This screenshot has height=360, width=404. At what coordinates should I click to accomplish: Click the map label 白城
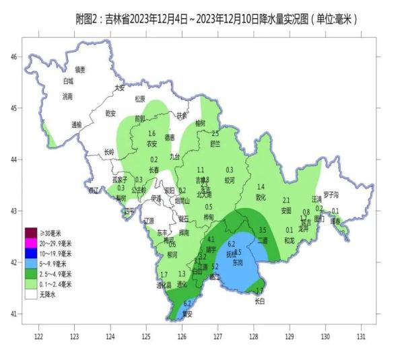67,81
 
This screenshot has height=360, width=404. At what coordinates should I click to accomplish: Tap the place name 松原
139,99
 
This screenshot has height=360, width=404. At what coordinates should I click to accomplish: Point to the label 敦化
261,197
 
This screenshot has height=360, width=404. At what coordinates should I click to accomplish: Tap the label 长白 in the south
260,301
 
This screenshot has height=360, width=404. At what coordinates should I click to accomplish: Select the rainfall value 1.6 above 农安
151,133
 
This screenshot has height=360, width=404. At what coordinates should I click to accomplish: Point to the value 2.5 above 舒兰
215,133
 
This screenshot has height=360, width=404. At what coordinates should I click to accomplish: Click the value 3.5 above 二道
263,230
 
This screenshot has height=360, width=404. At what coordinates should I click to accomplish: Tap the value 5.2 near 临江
215,266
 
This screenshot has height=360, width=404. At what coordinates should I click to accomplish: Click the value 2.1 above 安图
286,200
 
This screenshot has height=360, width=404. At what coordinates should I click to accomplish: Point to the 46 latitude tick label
13,57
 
